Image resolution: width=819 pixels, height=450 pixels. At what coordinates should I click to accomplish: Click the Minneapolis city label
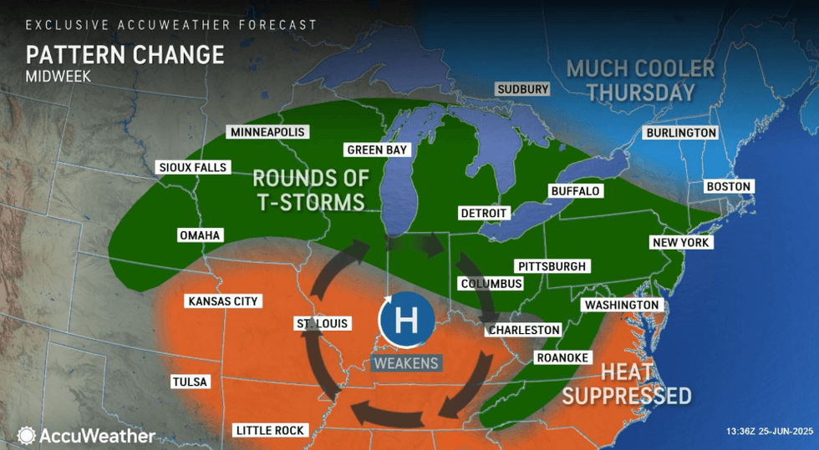(268, 132)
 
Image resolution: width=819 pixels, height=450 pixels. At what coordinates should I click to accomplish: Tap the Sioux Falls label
(192, 168)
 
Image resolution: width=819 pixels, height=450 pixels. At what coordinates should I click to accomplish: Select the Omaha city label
(199, 235)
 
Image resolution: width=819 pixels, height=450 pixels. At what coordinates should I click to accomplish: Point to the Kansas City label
(224, 301)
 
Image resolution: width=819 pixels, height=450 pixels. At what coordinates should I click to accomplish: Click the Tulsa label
(189, 382)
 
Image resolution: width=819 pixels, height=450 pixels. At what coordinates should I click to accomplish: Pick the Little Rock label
(271, 431)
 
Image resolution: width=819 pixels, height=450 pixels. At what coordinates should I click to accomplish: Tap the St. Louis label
(322, 323)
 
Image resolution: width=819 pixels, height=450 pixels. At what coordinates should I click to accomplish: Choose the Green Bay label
(379, 150)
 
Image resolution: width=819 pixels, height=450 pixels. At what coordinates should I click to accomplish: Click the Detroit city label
(484, 213)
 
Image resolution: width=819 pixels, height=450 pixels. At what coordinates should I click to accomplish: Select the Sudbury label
(522, 89)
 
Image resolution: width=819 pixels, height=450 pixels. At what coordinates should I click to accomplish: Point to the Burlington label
(680, 133)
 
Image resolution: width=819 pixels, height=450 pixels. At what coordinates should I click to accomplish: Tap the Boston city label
(729, 186)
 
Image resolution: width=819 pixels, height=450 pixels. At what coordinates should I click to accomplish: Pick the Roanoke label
(562, 357)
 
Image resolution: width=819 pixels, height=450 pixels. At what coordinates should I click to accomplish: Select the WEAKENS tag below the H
(405, 363)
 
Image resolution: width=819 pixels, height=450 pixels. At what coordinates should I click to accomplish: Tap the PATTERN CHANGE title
(125, 55)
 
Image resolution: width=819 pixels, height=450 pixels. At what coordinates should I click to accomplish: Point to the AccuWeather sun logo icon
(27, 436)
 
